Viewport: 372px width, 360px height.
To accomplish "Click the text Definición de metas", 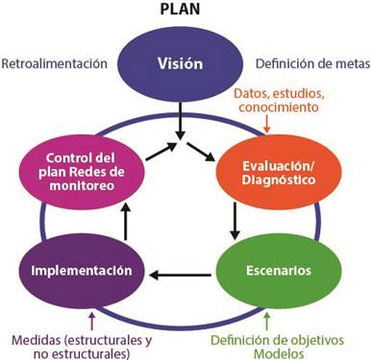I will point(310,65).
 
